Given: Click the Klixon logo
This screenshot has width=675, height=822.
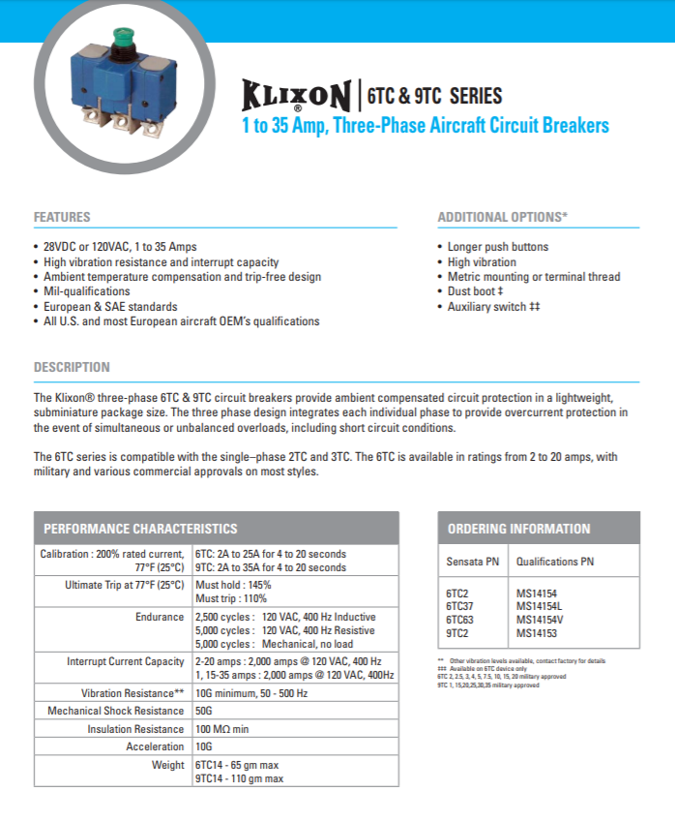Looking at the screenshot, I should pos(296,97).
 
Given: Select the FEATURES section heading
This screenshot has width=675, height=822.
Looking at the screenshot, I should pos(62,217).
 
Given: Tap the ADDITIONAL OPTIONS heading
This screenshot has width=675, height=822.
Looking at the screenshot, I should pos(502,217).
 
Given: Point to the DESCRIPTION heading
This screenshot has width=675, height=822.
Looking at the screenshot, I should pos(72,368).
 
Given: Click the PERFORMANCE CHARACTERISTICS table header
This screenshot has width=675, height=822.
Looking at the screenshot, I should pos(140,529).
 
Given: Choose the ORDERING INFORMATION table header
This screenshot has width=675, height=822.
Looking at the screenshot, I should pos(518,529).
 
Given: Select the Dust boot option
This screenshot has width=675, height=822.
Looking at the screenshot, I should pos(475,291).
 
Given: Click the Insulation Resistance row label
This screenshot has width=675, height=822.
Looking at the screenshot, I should pos(135,729).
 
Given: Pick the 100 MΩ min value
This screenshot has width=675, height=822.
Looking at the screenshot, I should pos(221,729).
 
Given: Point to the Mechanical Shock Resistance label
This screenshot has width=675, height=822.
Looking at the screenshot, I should pos(116,712).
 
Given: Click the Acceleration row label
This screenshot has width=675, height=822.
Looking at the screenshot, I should pos(155,746).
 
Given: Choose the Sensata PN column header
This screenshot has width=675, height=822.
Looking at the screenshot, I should pos(472,562).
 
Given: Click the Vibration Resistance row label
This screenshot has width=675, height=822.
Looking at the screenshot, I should pos(132,693).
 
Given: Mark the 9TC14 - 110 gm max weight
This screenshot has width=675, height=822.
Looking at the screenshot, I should pos(239,777).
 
